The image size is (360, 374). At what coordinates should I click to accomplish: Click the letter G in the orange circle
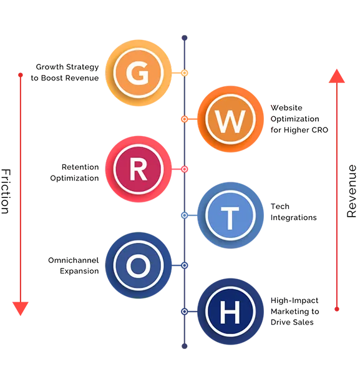(137, 73)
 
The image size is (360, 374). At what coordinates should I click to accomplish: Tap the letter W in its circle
(230, 122)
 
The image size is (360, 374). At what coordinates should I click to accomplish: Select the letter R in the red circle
(139, 170)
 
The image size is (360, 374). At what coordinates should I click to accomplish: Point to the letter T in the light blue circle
(230, 218)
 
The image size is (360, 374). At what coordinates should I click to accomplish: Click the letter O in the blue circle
(139, 266)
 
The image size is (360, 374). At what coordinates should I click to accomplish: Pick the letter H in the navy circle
(230, 312)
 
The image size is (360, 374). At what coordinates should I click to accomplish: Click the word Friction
(6, 191)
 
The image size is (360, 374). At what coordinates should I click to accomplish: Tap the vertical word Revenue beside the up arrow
(351, 191)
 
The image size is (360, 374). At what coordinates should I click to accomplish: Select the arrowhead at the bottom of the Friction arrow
(21, 308)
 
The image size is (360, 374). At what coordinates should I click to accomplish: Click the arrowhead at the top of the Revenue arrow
(337, 76)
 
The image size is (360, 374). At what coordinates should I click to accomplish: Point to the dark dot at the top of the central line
(185, 37)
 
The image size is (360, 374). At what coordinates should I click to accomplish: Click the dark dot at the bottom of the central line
(185, 346)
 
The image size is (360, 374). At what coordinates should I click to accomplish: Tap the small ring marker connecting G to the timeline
(185, 73)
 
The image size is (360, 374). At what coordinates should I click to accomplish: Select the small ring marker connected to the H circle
(185, 312)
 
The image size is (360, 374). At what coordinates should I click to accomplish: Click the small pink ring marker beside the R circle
(185, 169)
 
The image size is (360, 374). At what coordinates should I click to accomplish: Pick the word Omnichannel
(74, 260)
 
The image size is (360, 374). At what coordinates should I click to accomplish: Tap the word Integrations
(293, 218)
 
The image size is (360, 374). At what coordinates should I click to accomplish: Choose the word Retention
(80, 167)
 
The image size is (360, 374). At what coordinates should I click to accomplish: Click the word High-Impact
(294, 300)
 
